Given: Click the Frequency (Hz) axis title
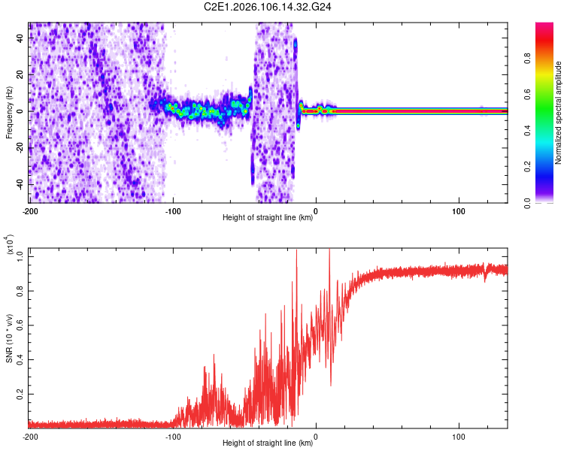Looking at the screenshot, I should point(9,112).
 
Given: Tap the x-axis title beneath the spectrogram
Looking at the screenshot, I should point(268,219).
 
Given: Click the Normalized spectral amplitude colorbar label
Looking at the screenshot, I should point(558,113).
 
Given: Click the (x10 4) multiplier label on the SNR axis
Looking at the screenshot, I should point(11,247).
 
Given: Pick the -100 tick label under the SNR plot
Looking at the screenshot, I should point(172,437).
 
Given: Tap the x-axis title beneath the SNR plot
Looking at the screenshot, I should point(268,443).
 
